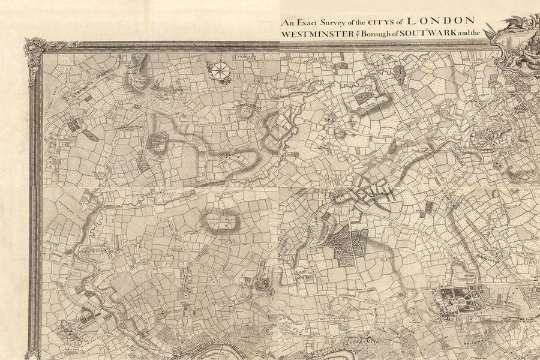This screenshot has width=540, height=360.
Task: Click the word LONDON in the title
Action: point(441,20)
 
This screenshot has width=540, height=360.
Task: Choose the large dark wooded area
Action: point(348,246)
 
